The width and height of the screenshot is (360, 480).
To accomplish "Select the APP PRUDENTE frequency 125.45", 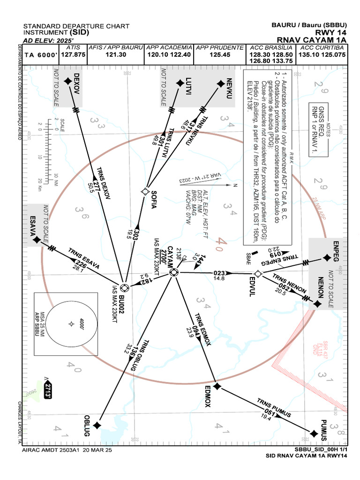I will click(220, 55).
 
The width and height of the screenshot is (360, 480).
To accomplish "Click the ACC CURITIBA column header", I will click(322, 48).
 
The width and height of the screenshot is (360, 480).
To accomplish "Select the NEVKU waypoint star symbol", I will click(220, 83).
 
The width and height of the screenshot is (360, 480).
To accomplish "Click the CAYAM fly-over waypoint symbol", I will click(173, 272).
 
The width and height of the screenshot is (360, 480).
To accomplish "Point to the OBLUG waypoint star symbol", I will click(97, 425).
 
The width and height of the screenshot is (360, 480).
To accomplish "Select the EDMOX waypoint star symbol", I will click(217, 386).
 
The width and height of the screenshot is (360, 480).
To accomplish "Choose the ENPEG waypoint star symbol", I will click(326, 258).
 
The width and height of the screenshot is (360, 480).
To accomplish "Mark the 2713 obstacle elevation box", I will click(47, 390).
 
